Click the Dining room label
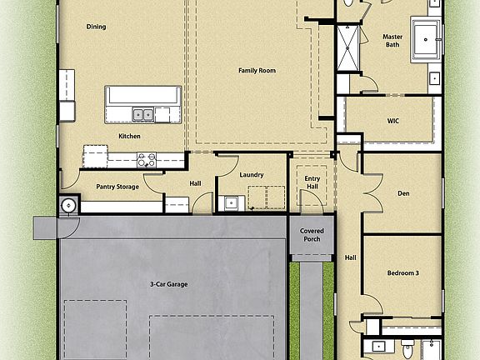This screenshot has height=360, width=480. (x=96, y=27)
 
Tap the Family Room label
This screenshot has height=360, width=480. (x=257, y=71)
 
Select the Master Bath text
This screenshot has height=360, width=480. (x=392, y=41)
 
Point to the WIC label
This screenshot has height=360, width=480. (x=393, y=121)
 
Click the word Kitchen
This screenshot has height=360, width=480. (x=129, y=136)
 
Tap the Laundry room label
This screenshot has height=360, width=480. (x=252, y=175)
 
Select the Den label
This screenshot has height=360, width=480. (x=403, y=194)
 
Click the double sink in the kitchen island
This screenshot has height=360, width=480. (x=142, y=114)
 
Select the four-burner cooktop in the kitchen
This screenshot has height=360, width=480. (x=147, y=157)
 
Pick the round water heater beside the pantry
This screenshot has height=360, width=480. (x=67, y=205)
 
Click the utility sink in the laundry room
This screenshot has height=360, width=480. (x=231, y=202)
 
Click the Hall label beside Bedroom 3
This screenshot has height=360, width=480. (x=351, y=257)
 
